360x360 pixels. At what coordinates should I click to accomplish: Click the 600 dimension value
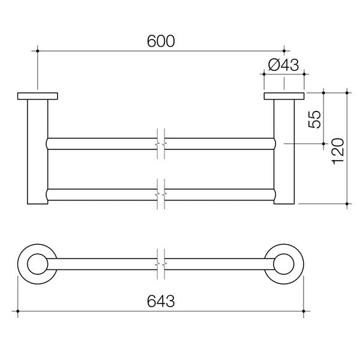[x=161, y=41]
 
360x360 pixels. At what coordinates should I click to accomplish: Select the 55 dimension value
[x=314, y=119]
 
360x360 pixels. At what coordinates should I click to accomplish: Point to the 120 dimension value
[x=338, y=149]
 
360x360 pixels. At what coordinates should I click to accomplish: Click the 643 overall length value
[x=161, y=301]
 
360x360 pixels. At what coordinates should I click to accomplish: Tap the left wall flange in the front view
[x=38, y=95]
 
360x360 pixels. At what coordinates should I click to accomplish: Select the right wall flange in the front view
[x=284, y=95]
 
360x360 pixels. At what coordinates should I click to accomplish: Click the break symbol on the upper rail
[x=160, y=143]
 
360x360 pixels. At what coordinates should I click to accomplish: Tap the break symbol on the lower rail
[x=160, y=195]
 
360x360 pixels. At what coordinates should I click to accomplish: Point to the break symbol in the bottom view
[x=160, y=265]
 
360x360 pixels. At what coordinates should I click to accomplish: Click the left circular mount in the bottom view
[x=38, y=265]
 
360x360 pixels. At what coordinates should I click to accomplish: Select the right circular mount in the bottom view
[x=284, y=265]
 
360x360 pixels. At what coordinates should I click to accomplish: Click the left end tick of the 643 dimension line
[x=19, y=311]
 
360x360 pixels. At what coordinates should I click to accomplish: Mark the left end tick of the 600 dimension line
[x=38, y=52]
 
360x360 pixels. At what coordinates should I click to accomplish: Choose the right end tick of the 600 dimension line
[x=284, y=52]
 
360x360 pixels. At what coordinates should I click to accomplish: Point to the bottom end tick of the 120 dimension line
[x=347, y=204]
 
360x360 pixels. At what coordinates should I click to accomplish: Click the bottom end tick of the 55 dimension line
[x=323, y=144]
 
